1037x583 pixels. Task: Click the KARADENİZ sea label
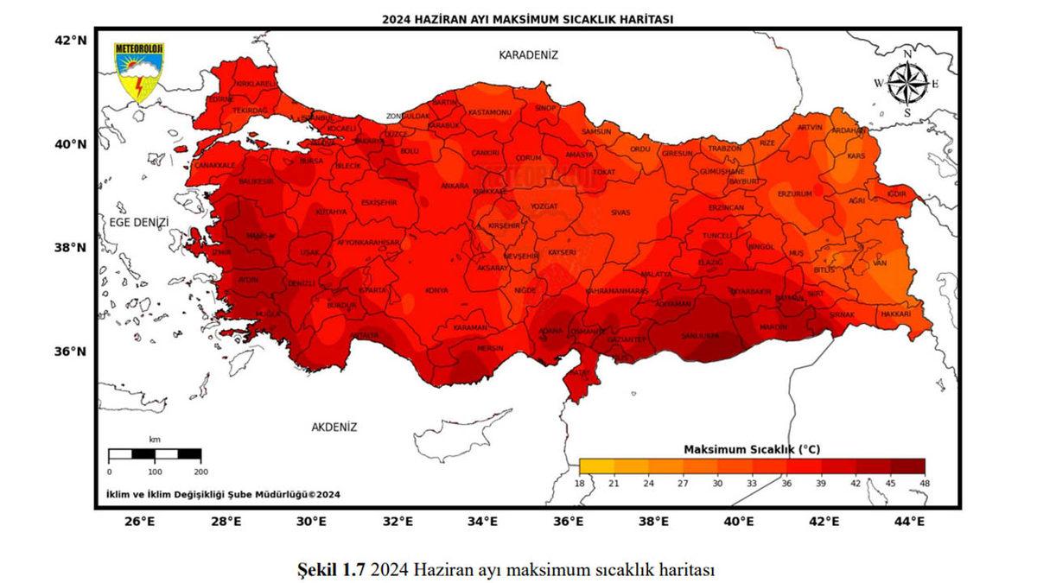click(x=528, y=55)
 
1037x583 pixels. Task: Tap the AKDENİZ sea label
click(x=334, y=427)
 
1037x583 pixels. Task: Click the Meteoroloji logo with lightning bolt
click(x=139, y=73)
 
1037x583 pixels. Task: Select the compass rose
click(x=907, y=84)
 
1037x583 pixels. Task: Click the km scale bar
click(x=155, y=453)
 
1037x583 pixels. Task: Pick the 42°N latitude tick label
click(x=72, y=40)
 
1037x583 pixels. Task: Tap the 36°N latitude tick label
click(x=72, y=352)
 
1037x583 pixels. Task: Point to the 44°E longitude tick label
click(x=909, y=522)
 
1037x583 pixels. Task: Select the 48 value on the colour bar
click(x=925, y=483)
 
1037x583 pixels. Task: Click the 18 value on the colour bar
click(x=580, y=483)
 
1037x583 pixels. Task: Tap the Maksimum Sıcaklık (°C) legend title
click(x=751, y=449)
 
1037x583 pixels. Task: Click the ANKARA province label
click(x=455, y=186)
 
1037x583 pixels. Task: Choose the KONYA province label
click(x=436, y=290)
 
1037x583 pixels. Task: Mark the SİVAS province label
click(x=620, y=212)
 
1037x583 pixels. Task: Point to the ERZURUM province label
click(x=795, y=193)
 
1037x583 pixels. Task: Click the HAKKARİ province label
click(x=895, y=314)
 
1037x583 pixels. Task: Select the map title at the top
click(x=527, y=19)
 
